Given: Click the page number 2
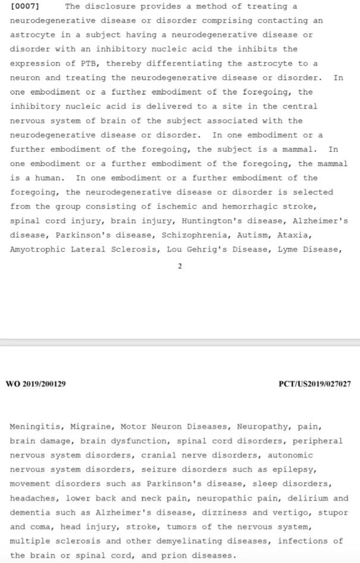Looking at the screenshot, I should [x=180, y=266].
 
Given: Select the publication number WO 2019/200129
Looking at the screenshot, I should [x=36, y=384].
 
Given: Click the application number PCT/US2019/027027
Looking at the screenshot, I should [x=314, y=384].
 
